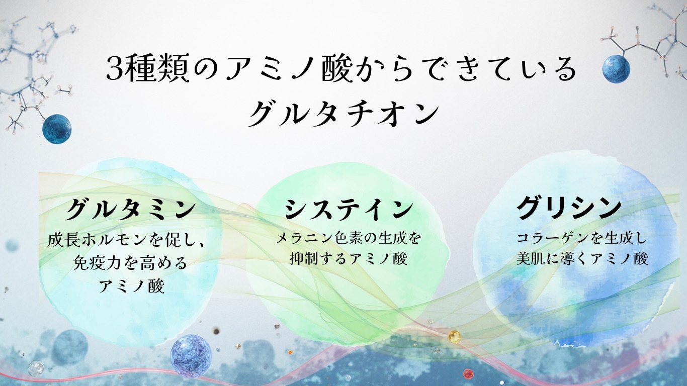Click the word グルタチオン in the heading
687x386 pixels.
pos(343,114)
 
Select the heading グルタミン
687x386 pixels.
pos(130,209)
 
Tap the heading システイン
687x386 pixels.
pos(349,209)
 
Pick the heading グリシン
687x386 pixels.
pos(569,208)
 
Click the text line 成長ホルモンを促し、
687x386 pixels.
pos(126,240)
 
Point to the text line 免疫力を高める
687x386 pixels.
pos(130,263)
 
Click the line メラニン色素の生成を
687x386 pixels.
pos(348,238)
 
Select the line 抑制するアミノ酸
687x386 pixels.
pos(349,258)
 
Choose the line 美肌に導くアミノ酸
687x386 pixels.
pos(582,258)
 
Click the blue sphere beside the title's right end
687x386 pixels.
pos(616,69)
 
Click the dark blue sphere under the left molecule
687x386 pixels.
pos(57,129)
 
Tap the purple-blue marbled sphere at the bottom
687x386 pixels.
pos(191,356)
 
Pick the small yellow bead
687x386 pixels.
pos(455,337)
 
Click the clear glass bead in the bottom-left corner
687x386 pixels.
pos(36,368)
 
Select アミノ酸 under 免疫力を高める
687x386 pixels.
pos(132,286)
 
